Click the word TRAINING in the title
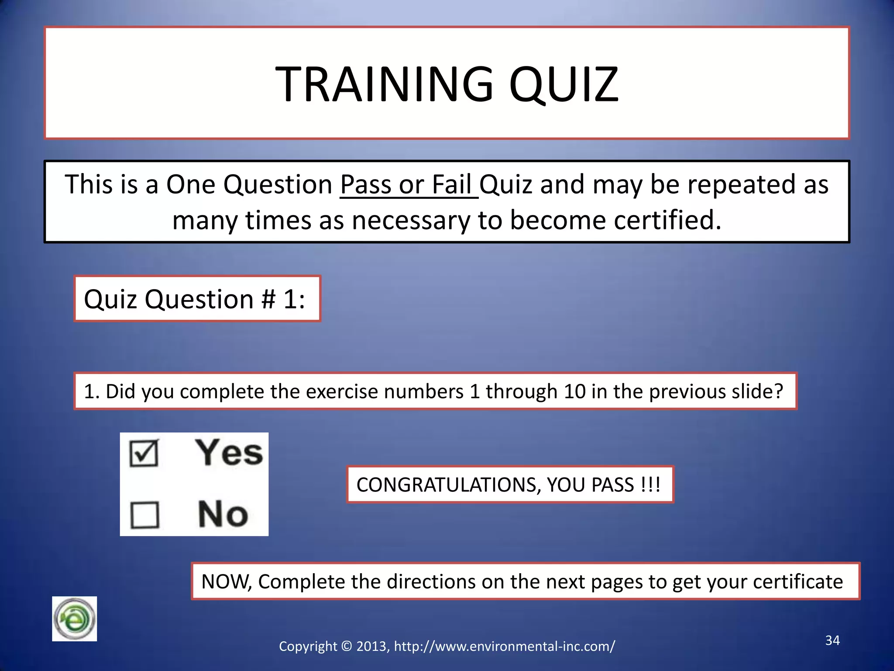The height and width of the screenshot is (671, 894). click(384, 84)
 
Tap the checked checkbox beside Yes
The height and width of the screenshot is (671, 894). click(144, 453)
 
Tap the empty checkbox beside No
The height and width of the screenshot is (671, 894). click(145, 515)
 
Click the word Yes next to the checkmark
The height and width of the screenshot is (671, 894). click(229, 453)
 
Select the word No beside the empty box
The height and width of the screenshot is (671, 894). click(223, 514)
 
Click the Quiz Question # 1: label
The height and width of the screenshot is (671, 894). click(194, 299)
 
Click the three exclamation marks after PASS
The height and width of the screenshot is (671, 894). click(650, 485)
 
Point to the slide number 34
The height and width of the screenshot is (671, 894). click(832, 640)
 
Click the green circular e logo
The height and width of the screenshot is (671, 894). click(74, 619)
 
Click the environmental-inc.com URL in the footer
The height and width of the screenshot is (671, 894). click(504, 646)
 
